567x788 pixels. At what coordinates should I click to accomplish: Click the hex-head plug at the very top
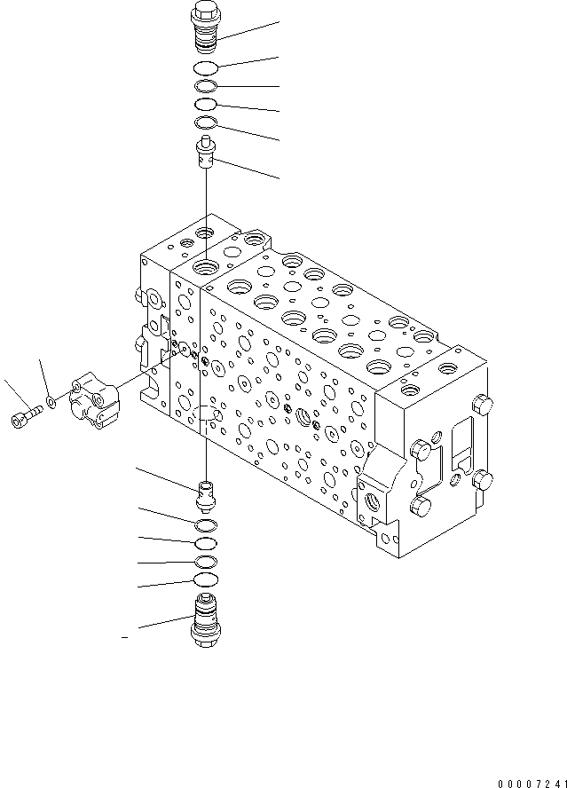coord(205,27)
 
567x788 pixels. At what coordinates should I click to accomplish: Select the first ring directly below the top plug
coord(205,67)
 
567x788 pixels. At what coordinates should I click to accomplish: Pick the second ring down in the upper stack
coord(205,86)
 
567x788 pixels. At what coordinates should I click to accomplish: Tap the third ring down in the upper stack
coord(205,105)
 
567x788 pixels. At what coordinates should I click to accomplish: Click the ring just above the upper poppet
coord(205,122)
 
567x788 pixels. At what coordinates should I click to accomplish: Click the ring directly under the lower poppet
coord(205,524)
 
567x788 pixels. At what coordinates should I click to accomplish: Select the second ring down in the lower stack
coord(205,542)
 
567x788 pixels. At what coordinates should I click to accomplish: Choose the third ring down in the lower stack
coord(205,561)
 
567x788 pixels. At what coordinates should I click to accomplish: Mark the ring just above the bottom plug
coord(205,580)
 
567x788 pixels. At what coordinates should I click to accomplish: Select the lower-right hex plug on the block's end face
coord(483,481)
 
